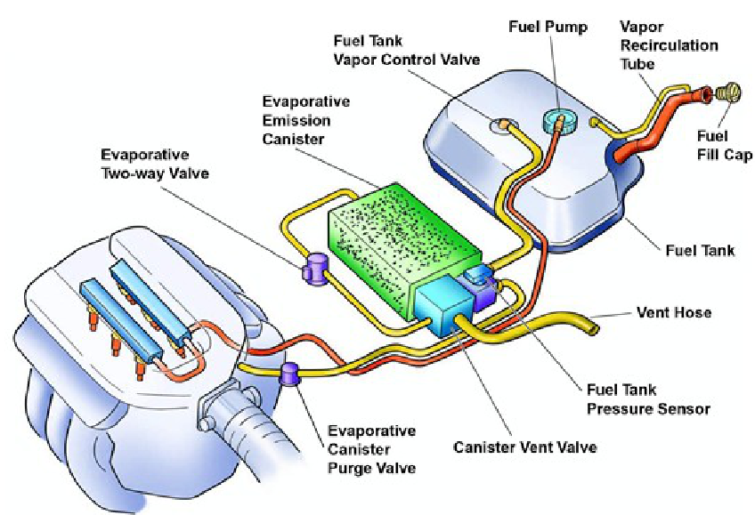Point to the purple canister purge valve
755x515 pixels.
pos(290,374)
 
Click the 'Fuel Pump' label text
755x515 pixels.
pos(548,27)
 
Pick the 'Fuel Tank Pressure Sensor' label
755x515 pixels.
pos(647,399)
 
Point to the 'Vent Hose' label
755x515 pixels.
pos(674,313)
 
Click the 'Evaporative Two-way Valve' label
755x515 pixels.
pos(155,164)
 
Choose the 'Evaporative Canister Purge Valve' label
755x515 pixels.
pos(371,449)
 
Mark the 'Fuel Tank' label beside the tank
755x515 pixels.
pos(700,250)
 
